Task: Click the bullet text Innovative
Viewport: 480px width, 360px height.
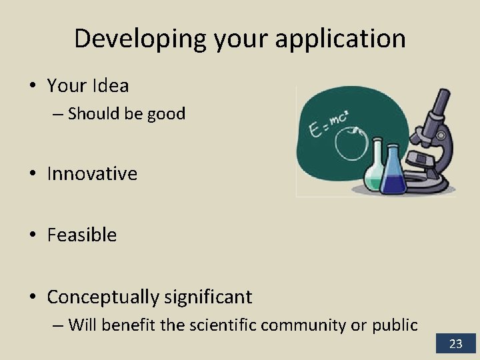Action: coord(92,174)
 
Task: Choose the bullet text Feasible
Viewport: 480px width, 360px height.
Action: coord(81,235)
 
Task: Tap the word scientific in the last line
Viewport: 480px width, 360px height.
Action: coord(224,325)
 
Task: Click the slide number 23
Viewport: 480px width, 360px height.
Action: coord(456,344)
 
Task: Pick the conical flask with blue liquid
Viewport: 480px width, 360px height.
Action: coord(393,177)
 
